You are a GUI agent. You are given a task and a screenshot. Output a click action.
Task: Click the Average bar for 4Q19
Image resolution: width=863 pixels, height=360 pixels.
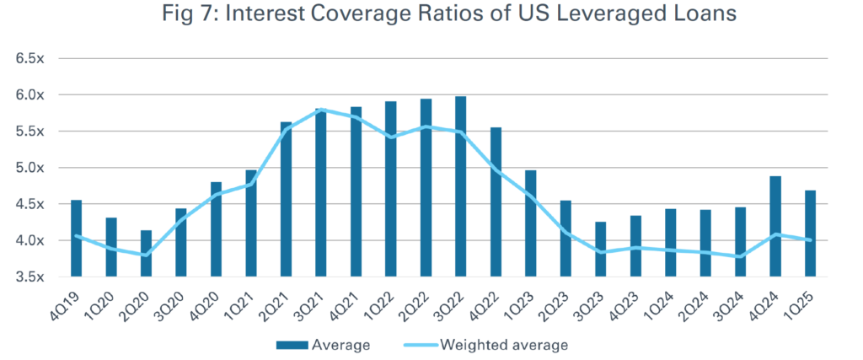coord(77,238)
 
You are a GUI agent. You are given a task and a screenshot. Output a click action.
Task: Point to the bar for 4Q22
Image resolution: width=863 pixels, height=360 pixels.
coord(496,202)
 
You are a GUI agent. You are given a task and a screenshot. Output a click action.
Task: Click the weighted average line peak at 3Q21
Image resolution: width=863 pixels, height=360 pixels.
coord(321,110)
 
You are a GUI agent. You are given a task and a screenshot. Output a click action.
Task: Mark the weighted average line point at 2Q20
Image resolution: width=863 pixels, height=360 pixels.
coord(147,255)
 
